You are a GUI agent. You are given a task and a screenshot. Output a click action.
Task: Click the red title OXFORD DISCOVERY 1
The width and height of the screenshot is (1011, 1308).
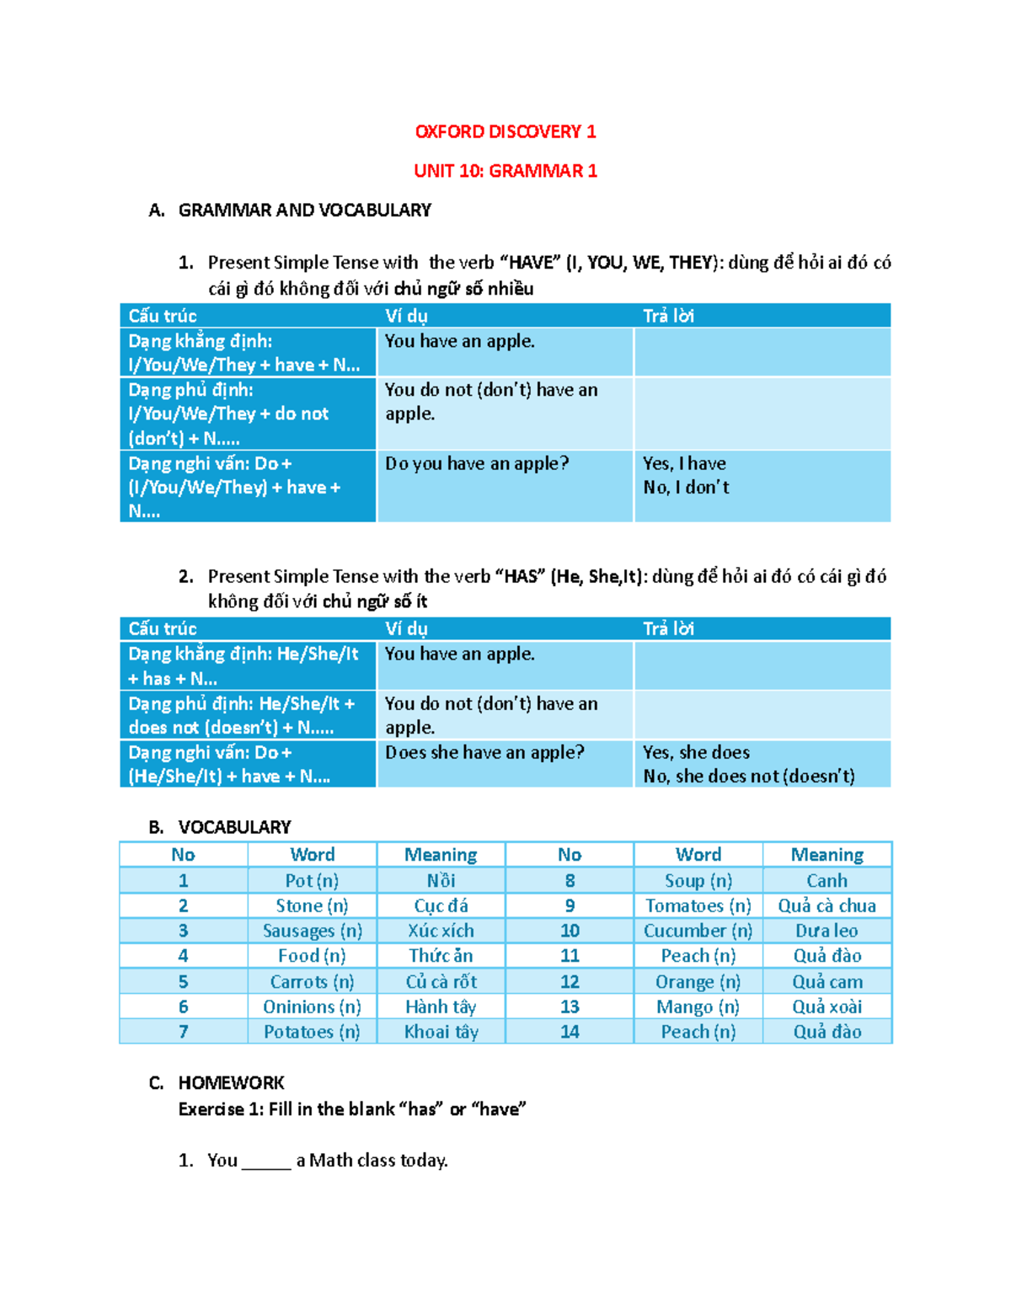tap(505, 131)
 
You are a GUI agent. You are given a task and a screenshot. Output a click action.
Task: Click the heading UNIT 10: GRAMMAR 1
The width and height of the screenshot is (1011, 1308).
tap(505, 171)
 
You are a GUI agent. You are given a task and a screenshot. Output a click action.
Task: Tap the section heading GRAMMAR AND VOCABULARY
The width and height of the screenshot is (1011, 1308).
tap(304, 211)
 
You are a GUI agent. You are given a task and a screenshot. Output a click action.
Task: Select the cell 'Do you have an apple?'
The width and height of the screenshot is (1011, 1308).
tap(477, 463)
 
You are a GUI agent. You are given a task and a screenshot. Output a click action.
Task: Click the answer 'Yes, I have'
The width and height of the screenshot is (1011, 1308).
tap(684, 463)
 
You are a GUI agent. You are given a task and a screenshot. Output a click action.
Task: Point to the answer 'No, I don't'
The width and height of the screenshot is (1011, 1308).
tap(686, 487)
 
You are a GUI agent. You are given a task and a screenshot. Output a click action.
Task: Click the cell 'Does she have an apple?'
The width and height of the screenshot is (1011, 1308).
tap(484, 752)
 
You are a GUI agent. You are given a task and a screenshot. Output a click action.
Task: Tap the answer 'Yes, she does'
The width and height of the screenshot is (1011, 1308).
tap(696, 752)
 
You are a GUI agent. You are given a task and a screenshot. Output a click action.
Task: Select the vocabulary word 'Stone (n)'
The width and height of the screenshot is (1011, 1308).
tap(312, 905)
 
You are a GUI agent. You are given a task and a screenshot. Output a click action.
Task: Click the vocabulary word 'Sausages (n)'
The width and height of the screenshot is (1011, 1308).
tap(312, 931)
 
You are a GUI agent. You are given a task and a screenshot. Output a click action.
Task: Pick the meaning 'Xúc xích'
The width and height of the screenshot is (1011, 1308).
tap(441, 931)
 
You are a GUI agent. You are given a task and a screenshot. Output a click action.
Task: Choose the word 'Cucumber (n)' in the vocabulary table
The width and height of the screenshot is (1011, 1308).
tap(698, 931)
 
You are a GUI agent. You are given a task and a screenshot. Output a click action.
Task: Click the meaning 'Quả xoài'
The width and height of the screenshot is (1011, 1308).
tap(826, 1006)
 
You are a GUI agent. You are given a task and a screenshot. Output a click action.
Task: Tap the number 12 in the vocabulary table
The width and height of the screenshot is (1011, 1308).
tap(570, 981)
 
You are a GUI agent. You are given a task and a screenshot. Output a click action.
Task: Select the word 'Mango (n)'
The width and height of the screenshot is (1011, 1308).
tap(698, 1006)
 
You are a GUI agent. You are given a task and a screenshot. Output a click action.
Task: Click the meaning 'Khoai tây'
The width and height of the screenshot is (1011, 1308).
tap(441, 1032)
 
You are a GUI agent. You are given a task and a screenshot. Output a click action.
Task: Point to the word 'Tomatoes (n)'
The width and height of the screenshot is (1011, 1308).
tap(698, 905)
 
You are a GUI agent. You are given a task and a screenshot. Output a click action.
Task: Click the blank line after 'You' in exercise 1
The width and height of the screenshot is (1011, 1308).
tap(266, 1161)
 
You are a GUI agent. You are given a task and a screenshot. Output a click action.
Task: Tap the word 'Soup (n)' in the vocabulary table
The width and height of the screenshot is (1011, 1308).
tap(698, 880)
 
